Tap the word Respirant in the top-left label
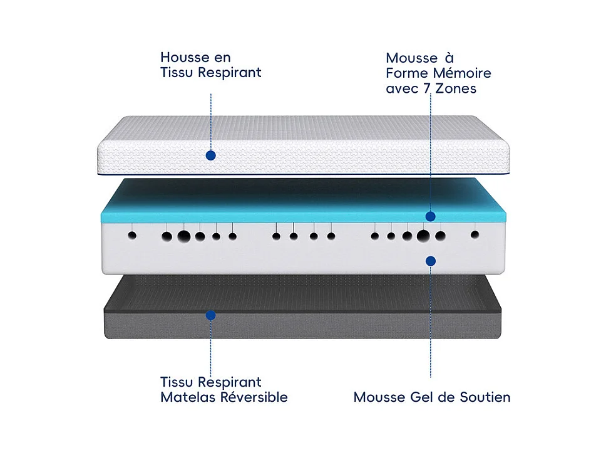(230, 73)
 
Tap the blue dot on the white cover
(211, 155)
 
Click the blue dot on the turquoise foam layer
(430, 216)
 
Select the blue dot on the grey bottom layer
(211, 315)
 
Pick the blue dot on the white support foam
(430, 259)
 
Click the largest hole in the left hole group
(184, 236)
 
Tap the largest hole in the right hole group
(423, 236)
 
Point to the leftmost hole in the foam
(132, 236)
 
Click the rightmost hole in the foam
(475, 235)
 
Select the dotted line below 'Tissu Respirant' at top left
(211, 119)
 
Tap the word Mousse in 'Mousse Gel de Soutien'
(378, 397)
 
